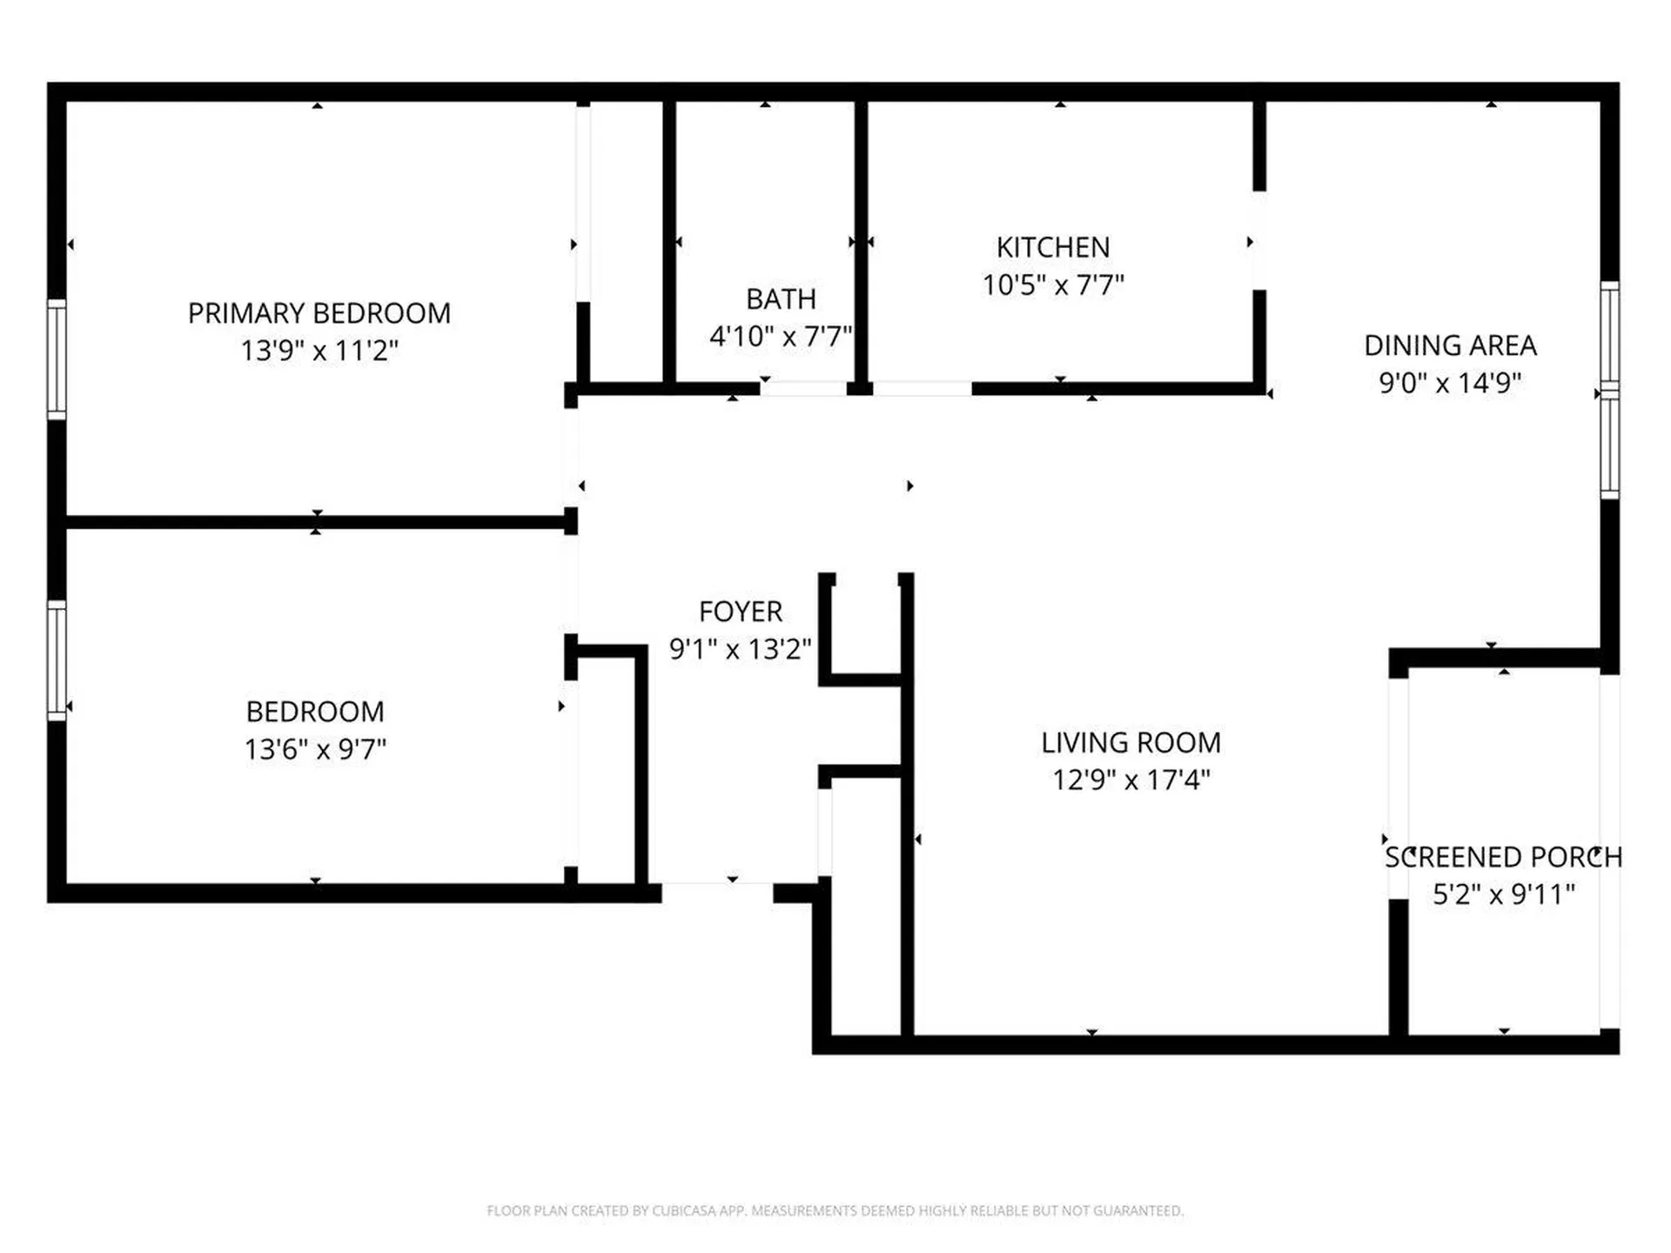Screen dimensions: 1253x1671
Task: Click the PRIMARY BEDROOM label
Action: coord(319,313)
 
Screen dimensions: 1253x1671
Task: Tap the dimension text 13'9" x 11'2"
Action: coord(319,351)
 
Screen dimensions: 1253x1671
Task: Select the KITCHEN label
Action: coord(1053,247)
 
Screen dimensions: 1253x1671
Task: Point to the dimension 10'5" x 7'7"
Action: coord(1053,285)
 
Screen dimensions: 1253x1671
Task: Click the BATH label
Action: coord(781,299)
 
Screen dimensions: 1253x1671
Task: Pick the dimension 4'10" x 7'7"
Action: coord(781,336)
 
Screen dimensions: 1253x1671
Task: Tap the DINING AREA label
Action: coord(1450,345)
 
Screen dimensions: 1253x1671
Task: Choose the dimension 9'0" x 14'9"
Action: coord(1450,383)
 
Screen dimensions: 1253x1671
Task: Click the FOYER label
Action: coord(741,612)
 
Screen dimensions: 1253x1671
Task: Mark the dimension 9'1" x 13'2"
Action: coord(741,649)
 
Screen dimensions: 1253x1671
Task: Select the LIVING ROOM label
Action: coord(1131,742)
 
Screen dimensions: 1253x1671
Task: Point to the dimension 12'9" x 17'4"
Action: coord(1131,780)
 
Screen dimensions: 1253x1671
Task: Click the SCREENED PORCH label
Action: coord(1503,857)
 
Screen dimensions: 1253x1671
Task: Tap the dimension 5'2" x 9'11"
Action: coord(1503,895)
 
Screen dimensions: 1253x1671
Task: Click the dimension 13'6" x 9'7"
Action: coord(315,749)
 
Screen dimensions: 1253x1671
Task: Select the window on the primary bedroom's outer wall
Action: coord(57,359)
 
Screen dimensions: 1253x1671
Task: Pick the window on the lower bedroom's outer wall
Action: coord(57,660)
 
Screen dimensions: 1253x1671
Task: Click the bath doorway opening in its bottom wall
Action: coord(803,389)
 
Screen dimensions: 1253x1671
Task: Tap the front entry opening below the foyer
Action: coord(717,892)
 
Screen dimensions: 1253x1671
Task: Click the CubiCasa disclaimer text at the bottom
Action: coord(835,1210)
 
